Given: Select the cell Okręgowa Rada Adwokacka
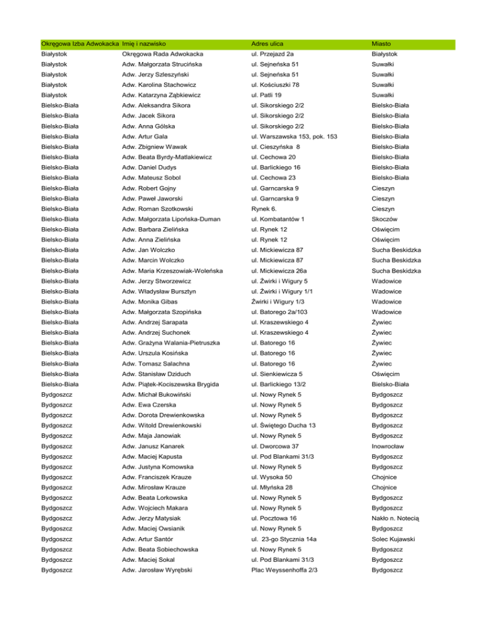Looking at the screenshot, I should [162, 54].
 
